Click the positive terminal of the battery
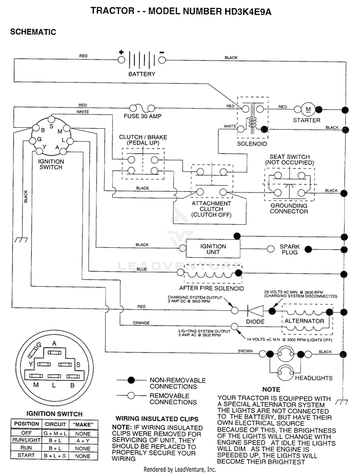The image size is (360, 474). coord(121,60)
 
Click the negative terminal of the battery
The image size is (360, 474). coord(162,60)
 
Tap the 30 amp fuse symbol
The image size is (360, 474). coord(142,108)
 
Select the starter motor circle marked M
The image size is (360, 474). coord(308,109)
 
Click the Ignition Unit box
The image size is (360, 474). coord(213,249)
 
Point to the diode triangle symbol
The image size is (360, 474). coord(255,310)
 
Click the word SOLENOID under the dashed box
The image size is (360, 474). coord(252,144)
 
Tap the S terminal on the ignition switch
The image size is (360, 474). coord(51,118)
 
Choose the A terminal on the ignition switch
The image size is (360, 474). coord(62,151)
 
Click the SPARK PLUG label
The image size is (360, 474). coord(289,249)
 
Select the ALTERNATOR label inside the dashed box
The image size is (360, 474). coord(304,321)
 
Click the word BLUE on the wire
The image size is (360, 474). coord(142,269)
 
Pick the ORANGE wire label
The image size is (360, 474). coord(141,323)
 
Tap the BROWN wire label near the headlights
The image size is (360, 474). coord(245,351)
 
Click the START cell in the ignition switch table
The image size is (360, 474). coord(26,455)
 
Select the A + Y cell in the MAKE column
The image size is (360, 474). coord(83,441)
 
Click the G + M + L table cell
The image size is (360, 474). coord(55,434)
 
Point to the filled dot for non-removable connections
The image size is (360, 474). coord(131,380)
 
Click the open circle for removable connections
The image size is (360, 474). coord(131,396)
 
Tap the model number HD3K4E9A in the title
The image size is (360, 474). coord(248,12)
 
